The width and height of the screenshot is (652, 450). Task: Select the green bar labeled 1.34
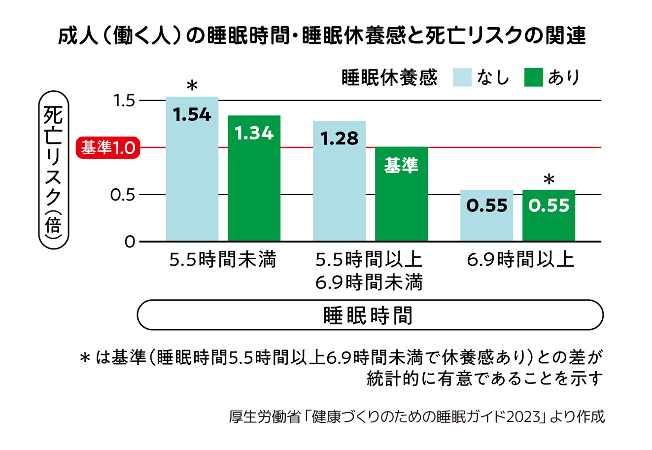(254, 178)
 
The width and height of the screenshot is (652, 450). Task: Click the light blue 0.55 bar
(486, 215)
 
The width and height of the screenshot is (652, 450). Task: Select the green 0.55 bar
(549, 215)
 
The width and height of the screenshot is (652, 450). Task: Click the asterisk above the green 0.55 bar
(549, 180)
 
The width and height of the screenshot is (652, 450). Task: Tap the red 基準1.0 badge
(108, 147)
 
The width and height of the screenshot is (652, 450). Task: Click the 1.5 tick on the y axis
(124, 101)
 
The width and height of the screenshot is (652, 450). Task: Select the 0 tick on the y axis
(130, 242)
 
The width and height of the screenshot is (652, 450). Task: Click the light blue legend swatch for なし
(462, 77)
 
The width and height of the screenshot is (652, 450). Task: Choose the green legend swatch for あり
(533, 77)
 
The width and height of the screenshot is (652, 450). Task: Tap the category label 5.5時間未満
(222, 259)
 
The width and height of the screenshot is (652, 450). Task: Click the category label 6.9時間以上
(520, 259)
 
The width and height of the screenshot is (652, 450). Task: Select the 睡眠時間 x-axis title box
(370, 315)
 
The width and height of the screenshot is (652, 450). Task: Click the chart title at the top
(321, 36)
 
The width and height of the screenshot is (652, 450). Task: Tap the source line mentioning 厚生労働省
(416, 417)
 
